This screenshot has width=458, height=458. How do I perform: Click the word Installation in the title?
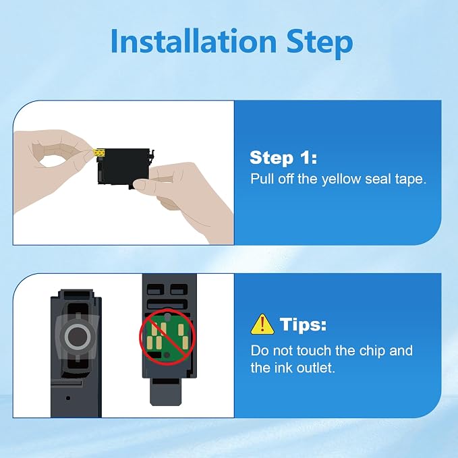point(194,41)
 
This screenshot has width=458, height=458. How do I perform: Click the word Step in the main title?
point(320,44)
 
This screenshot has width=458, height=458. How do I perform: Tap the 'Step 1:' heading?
point(283,157)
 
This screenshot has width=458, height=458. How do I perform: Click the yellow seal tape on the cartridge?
point(99,152)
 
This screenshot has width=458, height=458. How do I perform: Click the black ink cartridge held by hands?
point(124,167)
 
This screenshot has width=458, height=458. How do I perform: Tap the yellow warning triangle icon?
point(262,324)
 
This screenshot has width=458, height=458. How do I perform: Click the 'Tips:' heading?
point(303,324)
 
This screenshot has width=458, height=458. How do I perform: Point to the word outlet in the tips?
point(316,368)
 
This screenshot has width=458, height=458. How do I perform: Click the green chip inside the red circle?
point(167,337)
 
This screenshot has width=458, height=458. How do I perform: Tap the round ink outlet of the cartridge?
point(77,337)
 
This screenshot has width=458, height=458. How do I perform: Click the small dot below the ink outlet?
point(68,398)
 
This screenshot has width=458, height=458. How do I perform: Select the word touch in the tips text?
point(314,351)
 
